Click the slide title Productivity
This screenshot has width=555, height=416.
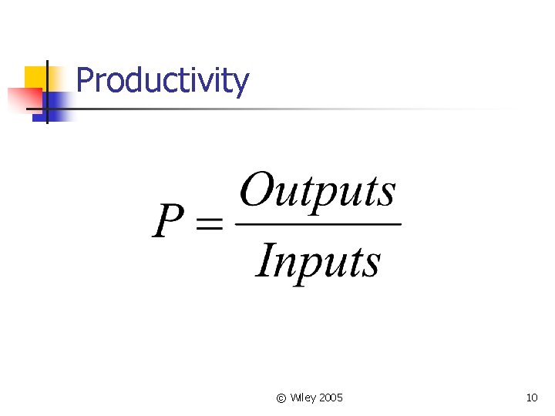tap(163, 80)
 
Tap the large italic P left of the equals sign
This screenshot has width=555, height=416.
tap(169, 221)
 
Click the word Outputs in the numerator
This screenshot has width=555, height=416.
tap(318, 191)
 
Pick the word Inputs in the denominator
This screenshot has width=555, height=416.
tap(318, 260)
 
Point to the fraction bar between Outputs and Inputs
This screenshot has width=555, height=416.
tap(318, 224)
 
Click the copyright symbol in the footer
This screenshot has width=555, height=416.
tap(281, 398)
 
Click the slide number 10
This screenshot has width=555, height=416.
tap(531, 398)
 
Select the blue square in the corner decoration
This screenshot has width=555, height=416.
tap(57, 105)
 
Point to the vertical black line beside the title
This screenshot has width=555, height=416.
tap(47, 91)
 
